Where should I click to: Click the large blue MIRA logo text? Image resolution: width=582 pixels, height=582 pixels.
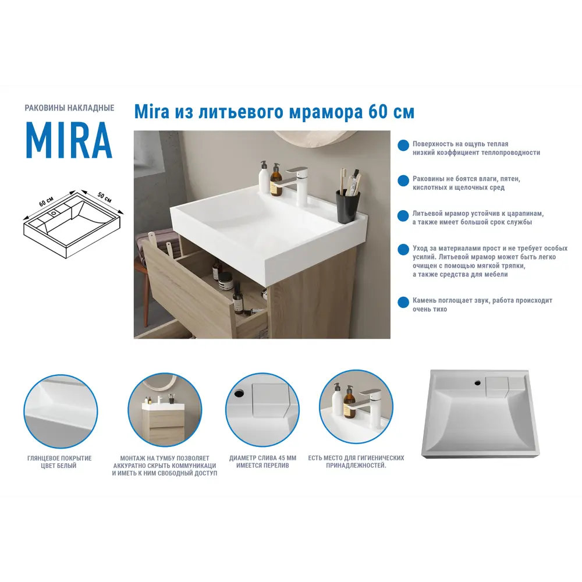69,141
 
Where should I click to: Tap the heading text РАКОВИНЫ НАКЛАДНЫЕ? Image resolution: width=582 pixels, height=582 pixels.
69,108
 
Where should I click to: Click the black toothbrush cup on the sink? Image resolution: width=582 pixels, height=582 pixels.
347,206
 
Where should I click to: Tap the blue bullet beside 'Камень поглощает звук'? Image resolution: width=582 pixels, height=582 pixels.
403,303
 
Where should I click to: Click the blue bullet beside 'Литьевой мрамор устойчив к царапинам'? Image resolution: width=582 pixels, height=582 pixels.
403,216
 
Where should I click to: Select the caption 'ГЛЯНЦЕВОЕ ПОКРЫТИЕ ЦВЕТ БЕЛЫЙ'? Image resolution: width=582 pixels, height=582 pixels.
59,462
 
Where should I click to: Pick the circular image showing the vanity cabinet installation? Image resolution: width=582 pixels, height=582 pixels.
165,410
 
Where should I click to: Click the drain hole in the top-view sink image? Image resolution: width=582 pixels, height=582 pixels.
477,382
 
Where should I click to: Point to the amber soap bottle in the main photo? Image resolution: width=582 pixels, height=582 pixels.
276,182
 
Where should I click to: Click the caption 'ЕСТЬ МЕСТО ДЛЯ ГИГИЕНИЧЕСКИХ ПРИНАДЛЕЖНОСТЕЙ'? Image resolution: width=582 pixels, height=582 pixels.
356,462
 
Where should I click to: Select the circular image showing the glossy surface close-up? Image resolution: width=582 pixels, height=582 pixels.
60,410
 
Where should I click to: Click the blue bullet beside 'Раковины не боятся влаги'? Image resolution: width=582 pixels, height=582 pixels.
403,181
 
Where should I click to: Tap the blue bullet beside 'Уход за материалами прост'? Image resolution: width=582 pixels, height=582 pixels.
403,250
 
